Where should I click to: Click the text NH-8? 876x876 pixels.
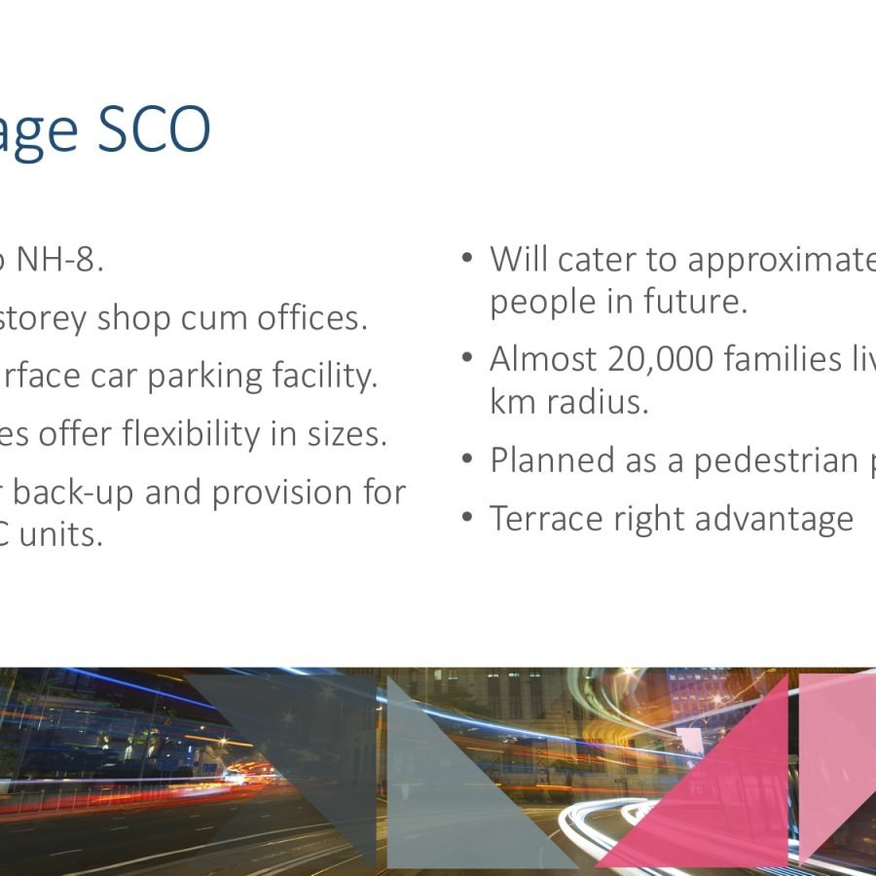(x=59, y=260)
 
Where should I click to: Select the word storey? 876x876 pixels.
(x=43, y=318)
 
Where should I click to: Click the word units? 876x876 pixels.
(x=68, y=534)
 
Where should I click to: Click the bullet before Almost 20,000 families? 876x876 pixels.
(x=468, y=358)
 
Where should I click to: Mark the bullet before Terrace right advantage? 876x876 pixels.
(x=468, y=518)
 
